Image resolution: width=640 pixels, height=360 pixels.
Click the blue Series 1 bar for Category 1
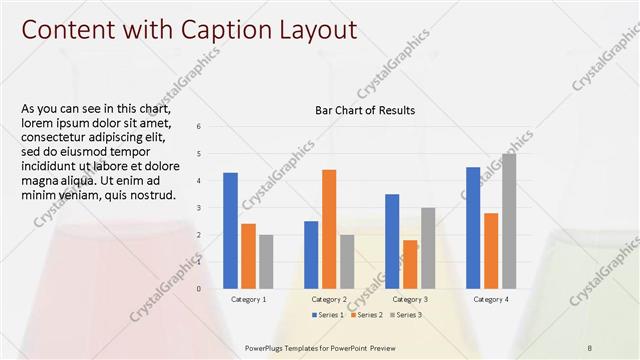click(230, 231)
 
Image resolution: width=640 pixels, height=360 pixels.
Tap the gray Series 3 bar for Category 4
click(509, 221)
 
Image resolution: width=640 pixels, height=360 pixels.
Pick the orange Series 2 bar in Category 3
click(410, 264)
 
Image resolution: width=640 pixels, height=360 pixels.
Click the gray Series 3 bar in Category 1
click(266, 262)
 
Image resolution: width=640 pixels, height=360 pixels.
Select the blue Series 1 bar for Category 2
click(311, 255)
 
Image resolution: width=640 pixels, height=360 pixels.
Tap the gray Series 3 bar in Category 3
click(428, 248)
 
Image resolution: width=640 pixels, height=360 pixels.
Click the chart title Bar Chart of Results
click(365, 110)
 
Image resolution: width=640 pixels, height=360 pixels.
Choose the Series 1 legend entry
click(329, 315)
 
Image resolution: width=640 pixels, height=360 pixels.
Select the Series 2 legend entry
click(367, 315)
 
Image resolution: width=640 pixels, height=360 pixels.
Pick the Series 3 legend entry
click(405, 315)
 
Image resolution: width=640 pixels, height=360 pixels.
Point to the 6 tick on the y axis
click(199, 126)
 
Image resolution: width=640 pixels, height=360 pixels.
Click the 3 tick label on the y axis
click(199, 207)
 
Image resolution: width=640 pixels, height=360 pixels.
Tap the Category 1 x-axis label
click(248, 299)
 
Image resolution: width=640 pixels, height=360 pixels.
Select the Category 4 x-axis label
click(491, 299)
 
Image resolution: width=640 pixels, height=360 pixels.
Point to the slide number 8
click(590, 347)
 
